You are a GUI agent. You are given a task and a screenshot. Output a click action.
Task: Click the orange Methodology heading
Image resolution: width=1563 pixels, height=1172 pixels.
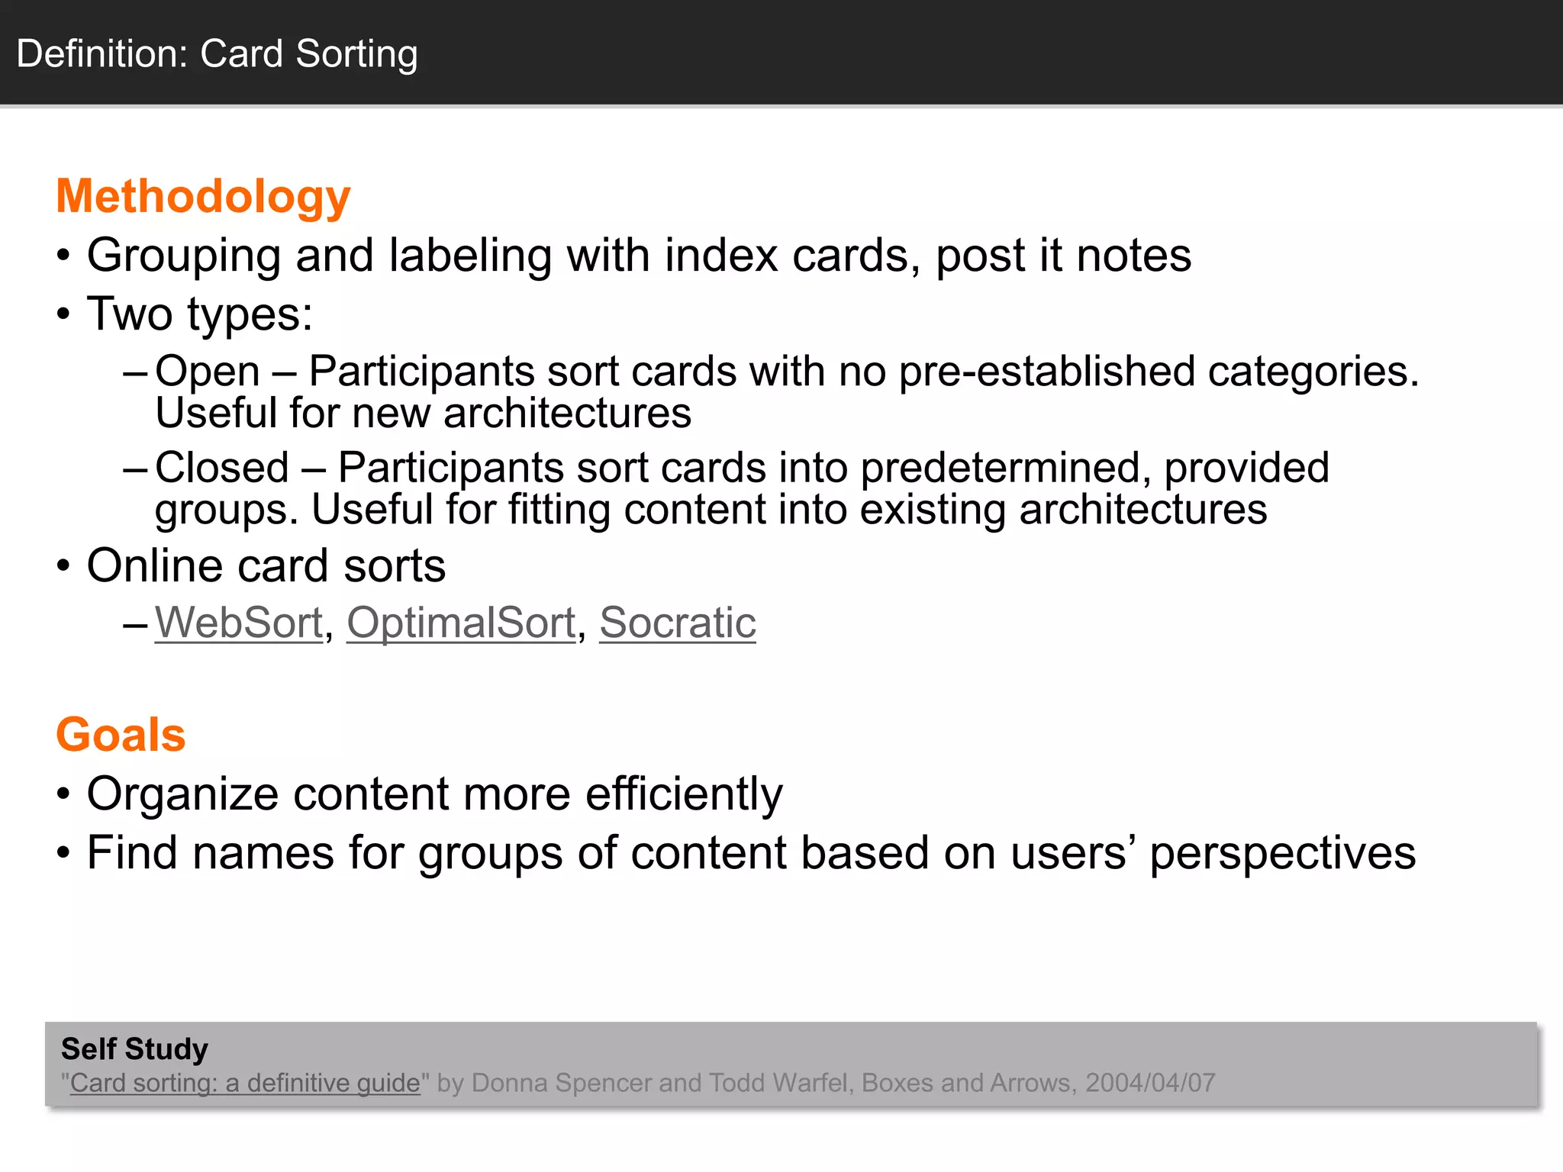203,197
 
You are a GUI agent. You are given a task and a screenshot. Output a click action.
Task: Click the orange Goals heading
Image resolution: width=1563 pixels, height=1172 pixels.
121,735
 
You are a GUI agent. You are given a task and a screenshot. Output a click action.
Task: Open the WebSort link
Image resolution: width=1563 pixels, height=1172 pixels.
239,623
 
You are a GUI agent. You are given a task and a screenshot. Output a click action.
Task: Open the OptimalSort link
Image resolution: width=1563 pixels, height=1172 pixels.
461,623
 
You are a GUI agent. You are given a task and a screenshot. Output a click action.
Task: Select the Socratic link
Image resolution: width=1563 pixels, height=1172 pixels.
677,623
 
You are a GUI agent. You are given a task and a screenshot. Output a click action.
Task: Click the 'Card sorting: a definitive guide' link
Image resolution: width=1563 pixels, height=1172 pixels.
245,1083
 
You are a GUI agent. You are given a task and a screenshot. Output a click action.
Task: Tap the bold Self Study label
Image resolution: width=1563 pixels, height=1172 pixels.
134,1049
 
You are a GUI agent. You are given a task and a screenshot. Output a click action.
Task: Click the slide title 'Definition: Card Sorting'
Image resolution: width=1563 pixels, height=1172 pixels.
217,54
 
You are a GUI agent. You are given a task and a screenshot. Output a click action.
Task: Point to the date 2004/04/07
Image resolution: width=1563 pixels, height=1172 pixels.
1150,1083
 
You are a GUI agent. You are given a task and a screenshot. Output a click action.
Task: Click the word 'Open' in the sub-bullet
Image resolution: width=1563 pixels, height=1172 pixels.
208,372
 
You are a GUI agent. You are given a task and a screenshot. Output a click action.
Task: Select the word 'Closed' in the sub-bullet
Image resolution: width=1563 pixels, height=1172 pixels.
222,468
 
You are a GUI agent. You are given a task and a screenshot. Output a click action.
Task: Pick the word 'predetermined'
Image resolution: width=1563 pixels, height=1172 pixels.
1005,468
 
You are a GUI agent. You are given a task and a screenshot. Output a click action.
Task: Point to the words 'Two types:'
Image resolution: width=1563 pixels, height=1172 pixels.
200,314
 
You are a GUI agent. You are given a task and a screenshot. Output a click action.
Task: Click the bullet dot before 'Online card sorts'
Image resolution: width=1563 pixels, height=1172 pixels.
63,567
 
